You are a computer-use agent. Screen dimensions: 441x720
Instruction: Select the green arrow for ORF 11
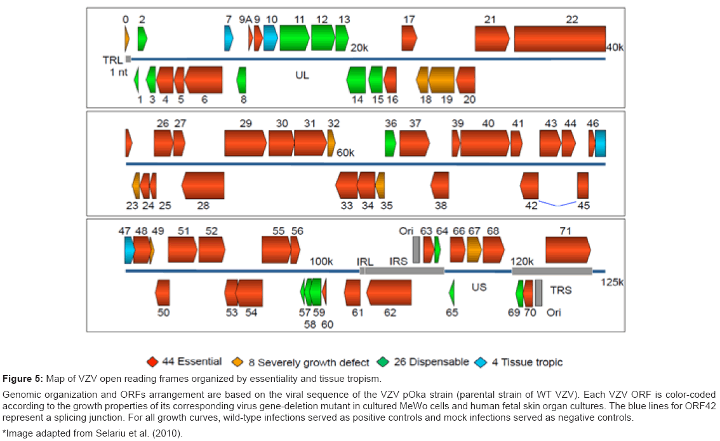click(294, 37)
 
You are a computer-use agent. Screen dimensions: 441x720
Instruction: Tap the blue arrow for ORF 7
click(229, 39)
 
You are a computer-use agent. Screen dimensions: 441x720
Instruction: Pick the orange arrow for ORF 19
click(441, 79)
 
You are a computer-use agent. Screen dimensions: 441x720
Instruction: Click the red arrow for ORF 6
click(203, 79)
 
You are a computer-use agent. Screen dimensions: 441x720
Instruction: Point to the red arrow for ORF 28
click(203, 185)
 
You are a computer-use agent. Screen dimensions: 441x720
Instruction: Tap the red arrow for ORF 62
click(389, 292)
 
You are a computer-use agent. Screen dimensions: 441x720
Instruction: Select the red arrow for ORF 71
click(568, 249)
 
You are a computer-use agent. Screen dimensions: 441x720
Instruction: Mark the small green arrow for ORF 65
click(451, 292)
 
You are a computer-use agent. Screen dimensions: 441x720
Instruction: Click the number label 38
click(441, 205)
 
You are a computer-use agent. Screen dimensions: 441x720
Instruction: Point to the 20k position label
click(360, 48)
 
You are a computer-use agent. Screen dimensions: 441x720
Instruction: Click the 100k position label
click(321, 261)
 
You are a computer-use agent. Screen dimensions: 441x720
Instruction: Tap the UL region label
click(302, 75)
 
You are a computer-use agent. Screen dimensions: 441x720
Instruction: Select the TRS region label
click(561, 290)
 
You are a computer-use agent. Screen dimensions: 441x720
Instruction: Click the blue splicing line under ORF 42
click(557, 204)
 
